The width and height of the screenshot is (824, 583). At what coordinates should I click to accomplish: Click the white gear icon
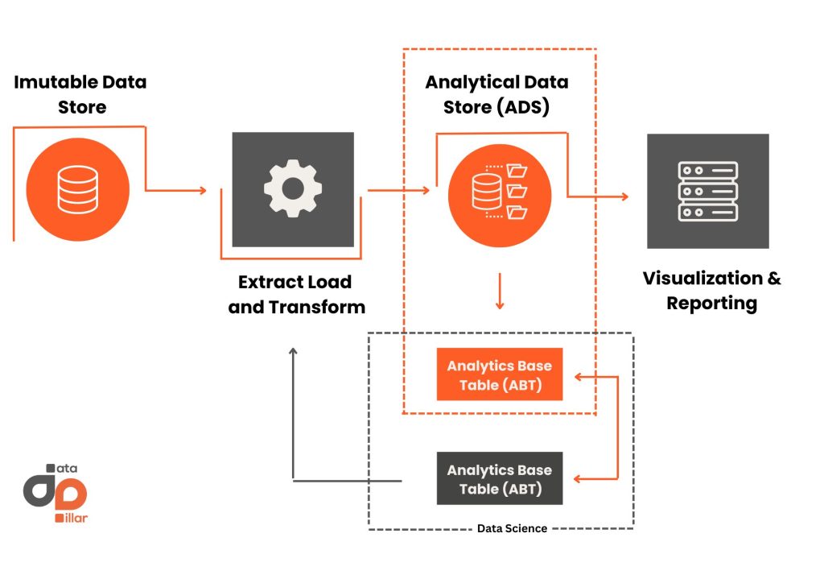[x=293, y=189]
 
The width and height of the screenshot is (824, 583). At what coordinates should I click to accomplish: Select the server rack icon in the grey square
[x=707, y=191]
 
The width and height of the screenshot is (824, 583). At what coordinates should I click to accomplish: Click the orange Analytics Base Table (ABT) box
[x=499, y=375]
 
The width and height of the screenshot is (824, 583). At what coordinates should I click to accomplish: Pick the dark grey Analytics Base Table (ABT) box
[x=499, y=479]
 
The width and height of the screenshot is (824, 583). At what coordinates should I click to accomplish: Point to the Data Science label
[x=512, y=528]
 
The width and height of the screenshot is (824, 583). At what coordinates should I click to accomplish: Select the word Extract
[x=266, y=282]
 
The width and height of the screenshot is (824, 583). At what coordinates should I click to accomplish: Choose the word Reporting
[x=711, y=304]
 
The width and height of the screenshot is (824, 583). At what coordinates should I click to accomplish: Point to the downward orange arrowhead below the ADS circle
[x=500, y=305]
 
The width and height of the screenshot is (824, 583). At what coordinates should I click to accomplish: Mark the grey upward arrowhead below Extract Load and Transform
[x=293, y=351]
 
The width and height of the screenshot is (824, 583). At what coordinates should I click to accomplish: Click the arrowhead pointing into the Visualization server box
[x=625, y=196]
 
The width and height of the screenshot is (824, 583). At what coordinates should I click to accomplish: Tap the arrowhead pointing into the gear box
[x=203, y=191]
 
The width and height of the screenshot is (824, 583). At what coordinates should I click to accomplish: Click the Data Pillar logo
[x=56, y=492]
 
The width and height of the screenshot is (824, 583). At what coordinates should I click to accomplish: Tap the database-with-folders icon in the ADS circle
[x=499, y=191]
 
